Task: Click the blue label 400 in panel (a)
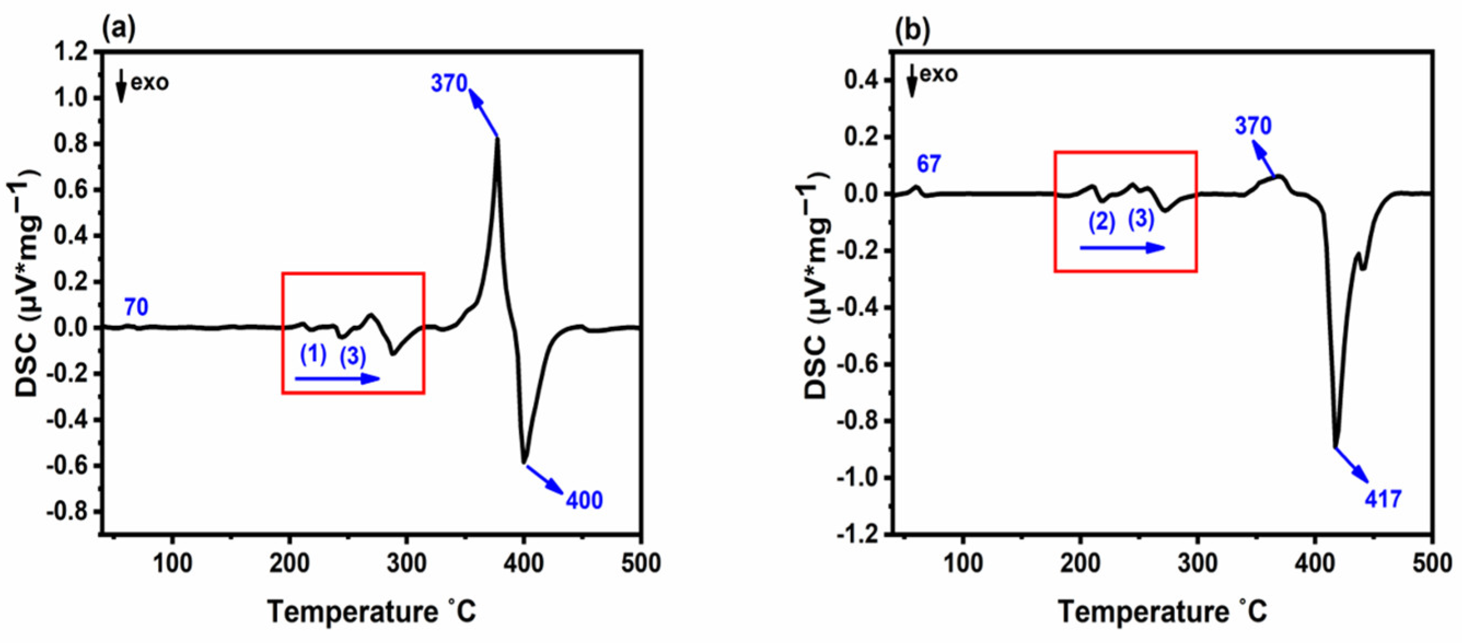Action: [x=584, y=500]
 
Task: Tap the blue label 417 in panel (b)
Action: [x=1383, y=499]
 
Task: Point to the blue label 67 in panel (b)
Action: [x=929, y=165]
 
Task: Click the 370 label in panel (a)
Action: [x=449, y=84]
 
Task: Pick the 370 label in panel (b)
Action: [x=1253, y=125]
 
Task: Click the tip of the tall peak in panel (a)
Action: [x=498, y=139]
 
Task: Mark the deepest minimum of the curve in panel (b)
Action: [x=1336, y=447]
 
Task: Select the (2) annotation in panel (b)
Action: [x=1102, y=221]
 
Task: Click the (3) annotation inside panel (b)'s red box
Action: [x=1141, y=219]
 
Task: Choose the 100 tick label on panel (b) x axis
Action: [x=963, y=564]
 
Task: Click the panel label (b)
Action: [x=913, y=32]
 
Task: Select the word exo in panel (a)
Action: [x=150, y=83]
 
